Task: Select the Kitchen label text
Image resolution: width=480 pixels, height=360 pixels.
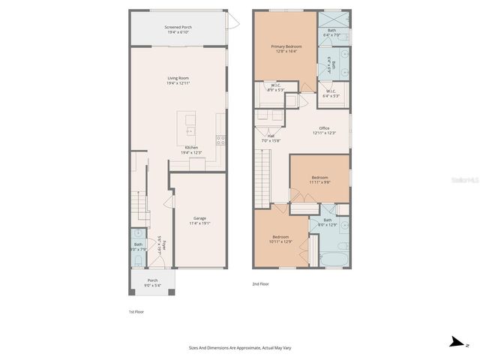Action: tap(190, 150)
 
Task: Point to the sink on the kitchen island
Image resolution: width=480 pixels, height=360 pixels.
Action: tap(190, 130)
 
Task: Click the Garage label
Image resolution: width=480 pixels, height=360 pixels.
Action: tap(199, 220)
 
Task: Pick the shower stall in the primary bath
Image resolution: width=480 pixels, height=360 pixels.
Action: tap(334, 20)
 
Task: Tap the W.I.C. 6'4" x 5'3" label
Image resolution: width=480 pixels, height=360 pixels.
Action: tap(331, 94)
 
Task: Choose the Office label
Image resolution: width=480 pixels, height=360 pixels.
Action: tap(324, 130)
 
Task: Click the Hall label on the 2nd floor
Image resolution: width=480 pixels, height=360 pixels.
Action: tap(270, 139)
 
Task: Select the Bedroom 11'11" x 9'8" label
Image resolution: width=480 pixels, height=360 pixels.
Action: tap(319, 180)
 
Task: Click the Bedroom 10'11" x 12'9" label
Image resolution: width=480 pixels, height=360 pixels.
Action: tap(280, 239)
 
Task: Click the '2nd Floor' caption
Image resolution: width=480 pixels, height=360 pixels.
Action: tap(260, 284)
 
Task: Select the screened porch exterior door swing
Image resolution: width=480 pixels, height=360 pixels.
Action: tap(233, 24)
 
